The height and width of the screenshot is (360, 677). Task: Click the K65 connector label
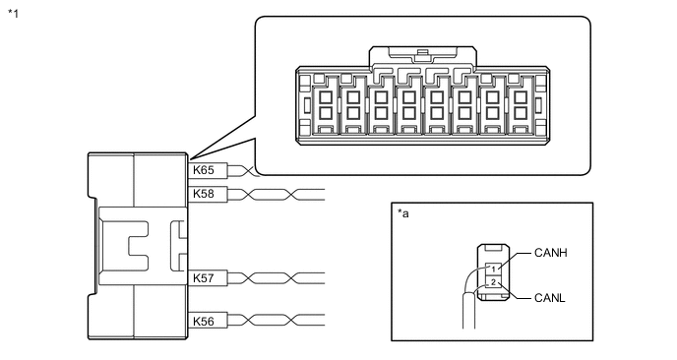click(x=204, y=170)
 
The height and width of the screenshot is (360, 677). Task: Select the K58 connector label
click(x=204, y=194)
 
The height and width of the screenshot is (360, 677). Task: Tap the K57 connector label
click(x=204, y=278)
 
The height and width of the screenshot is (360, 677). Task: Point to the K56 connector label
click(x=204, y=322)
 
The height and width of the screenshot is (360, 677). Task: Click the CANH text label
click(x=550, y=253)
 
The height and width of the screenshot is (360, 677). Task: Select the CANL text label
click(x=550, y=298)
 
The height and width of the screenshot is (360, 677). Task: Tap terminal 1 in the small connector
click(x=493, y=270)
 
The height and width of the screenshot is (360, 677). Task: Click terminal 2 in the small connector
click(x=493, y=282)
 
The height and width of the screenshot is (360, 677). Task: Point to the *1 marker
click(x=14, y=14)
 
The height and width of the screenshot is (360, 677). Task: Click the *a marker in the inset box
click(x=402, y=213)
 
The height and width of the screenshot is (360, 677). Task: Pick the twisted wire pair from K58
click(x=277, y=194)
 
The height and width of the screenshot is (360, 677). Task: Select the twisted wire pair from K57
click(x=277, y=278)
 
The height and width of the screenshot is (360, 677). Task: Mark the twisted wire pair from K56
click(x=277, y=321)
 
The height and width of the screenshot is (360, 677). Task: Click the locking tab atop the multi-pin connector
click(x=423, y=56)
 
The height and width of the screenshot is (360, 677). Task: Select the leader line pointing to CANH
click(x=514, y=262)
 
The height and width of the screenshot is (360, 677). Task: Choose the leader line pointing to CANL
click(x=514, y=290)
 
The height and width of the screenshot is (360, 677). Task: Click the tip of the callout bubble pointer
click(x=189, y=160)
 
